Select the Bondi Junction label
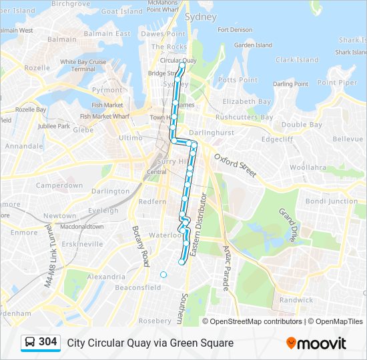(331, 201)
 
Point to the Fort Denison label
(236, 30)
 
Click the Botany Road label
(141, 246)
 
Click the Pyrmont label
(107, 90)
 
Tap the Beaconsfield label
(138, 288)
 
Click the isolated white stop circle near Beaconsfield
(163, 274)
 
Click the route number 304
(48, 342)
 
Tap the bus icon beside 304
(30, 343)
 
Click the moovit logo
(316, 343)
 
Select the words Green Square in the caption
(205, 343)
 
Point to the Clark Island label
(297, 60)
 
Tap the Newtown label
(59, 216)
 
